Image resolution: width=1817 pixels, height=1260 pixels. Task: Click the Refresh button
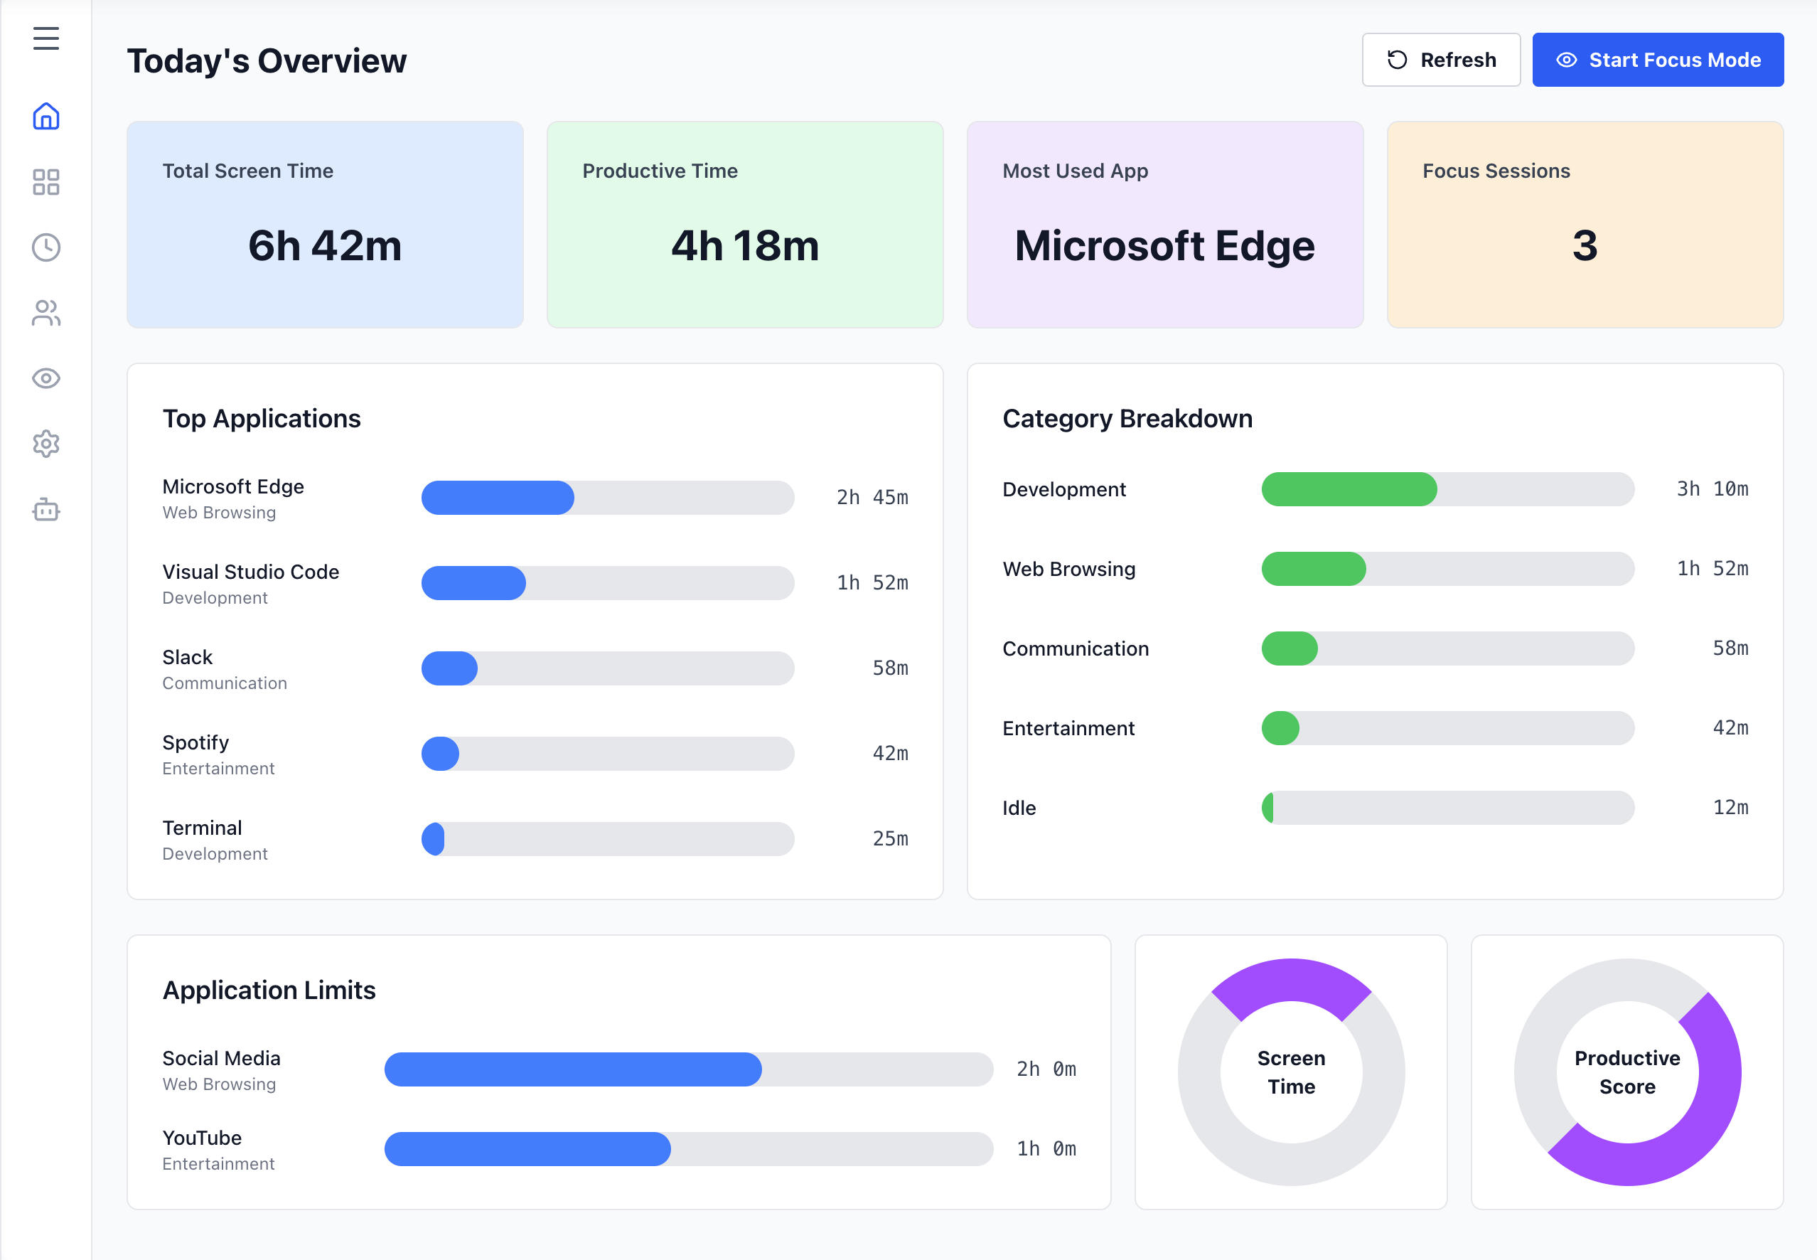1440,60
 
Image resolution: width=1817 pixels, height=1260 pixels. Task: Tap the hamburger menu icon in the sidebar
45,38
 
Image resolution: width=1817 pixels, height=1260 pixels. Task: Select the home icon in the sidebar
45,116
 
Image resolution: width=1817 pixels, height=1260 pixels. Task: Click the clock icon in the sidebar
45,247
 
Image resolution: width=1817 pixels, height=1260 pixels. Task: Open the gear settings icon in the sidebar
45,444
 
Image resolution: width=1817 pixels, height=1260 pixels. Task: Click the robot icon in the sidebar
45,510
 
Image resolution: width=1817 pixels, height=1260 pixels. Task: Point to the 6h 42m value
324,245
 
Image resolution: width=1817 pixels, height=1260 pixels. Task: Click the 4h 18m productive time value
744,245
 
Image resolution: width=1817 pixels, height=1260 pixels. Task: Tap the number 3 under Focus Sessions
1584,245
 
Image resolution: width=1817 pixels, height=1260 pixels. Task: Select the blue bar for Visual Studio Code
473,582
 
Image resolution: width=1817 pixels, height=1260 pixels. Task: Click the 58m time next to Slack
889,668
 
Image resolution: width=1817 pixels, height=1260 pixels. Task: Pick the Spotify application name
195,742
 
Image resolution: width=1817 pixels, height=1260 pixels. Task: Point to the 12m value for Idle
1730,807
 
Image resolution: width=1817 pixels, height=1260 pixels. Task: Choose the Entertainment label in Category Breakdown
1068,728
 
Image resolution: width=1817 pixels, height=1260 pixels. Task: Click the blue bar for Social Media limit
572,1069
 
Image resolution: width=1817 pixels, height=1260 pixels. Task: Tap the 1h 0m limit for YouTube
1045,1148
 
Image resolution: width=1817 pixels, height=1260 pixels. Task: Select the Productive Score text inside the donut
1626,1072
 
